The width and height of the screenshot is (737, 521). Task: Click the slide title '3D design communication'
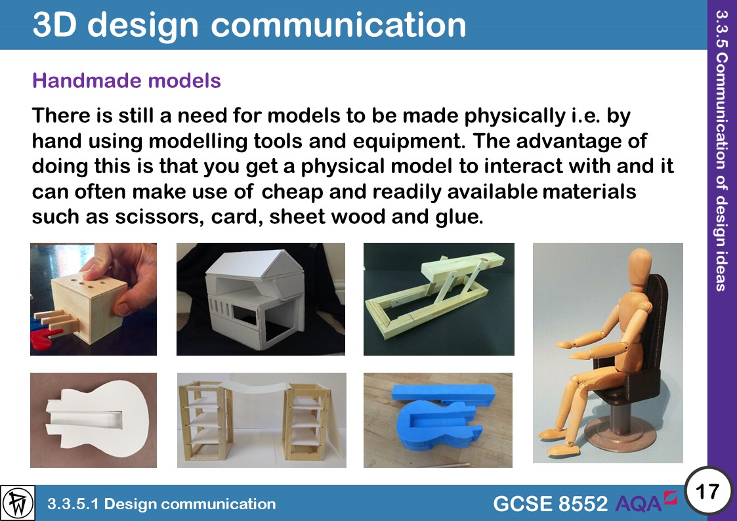coord(249,25)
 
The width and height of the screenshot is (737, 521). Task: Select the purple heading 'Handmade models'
coord(127,81)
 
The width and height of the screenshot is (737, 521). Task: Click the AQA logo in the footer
coord(646,503)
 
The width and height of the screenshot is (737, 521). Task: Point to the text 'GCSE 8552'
coord(550,504)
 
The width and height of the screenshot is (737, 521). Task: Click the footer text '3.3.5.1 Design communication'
coord(161,504)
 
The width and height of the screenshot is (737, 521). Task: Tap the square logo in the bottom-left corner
coord(18,503)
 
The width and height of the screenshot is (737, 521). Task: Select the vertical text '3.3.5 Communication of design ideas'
coord(722,151)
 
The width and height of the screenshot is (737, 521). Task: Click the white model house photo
coord(261,299)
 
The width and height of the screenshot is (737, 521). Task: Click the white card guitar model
coord(93,420)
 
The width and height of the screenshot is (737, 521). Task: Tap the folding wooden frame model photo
coord(438,299)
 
